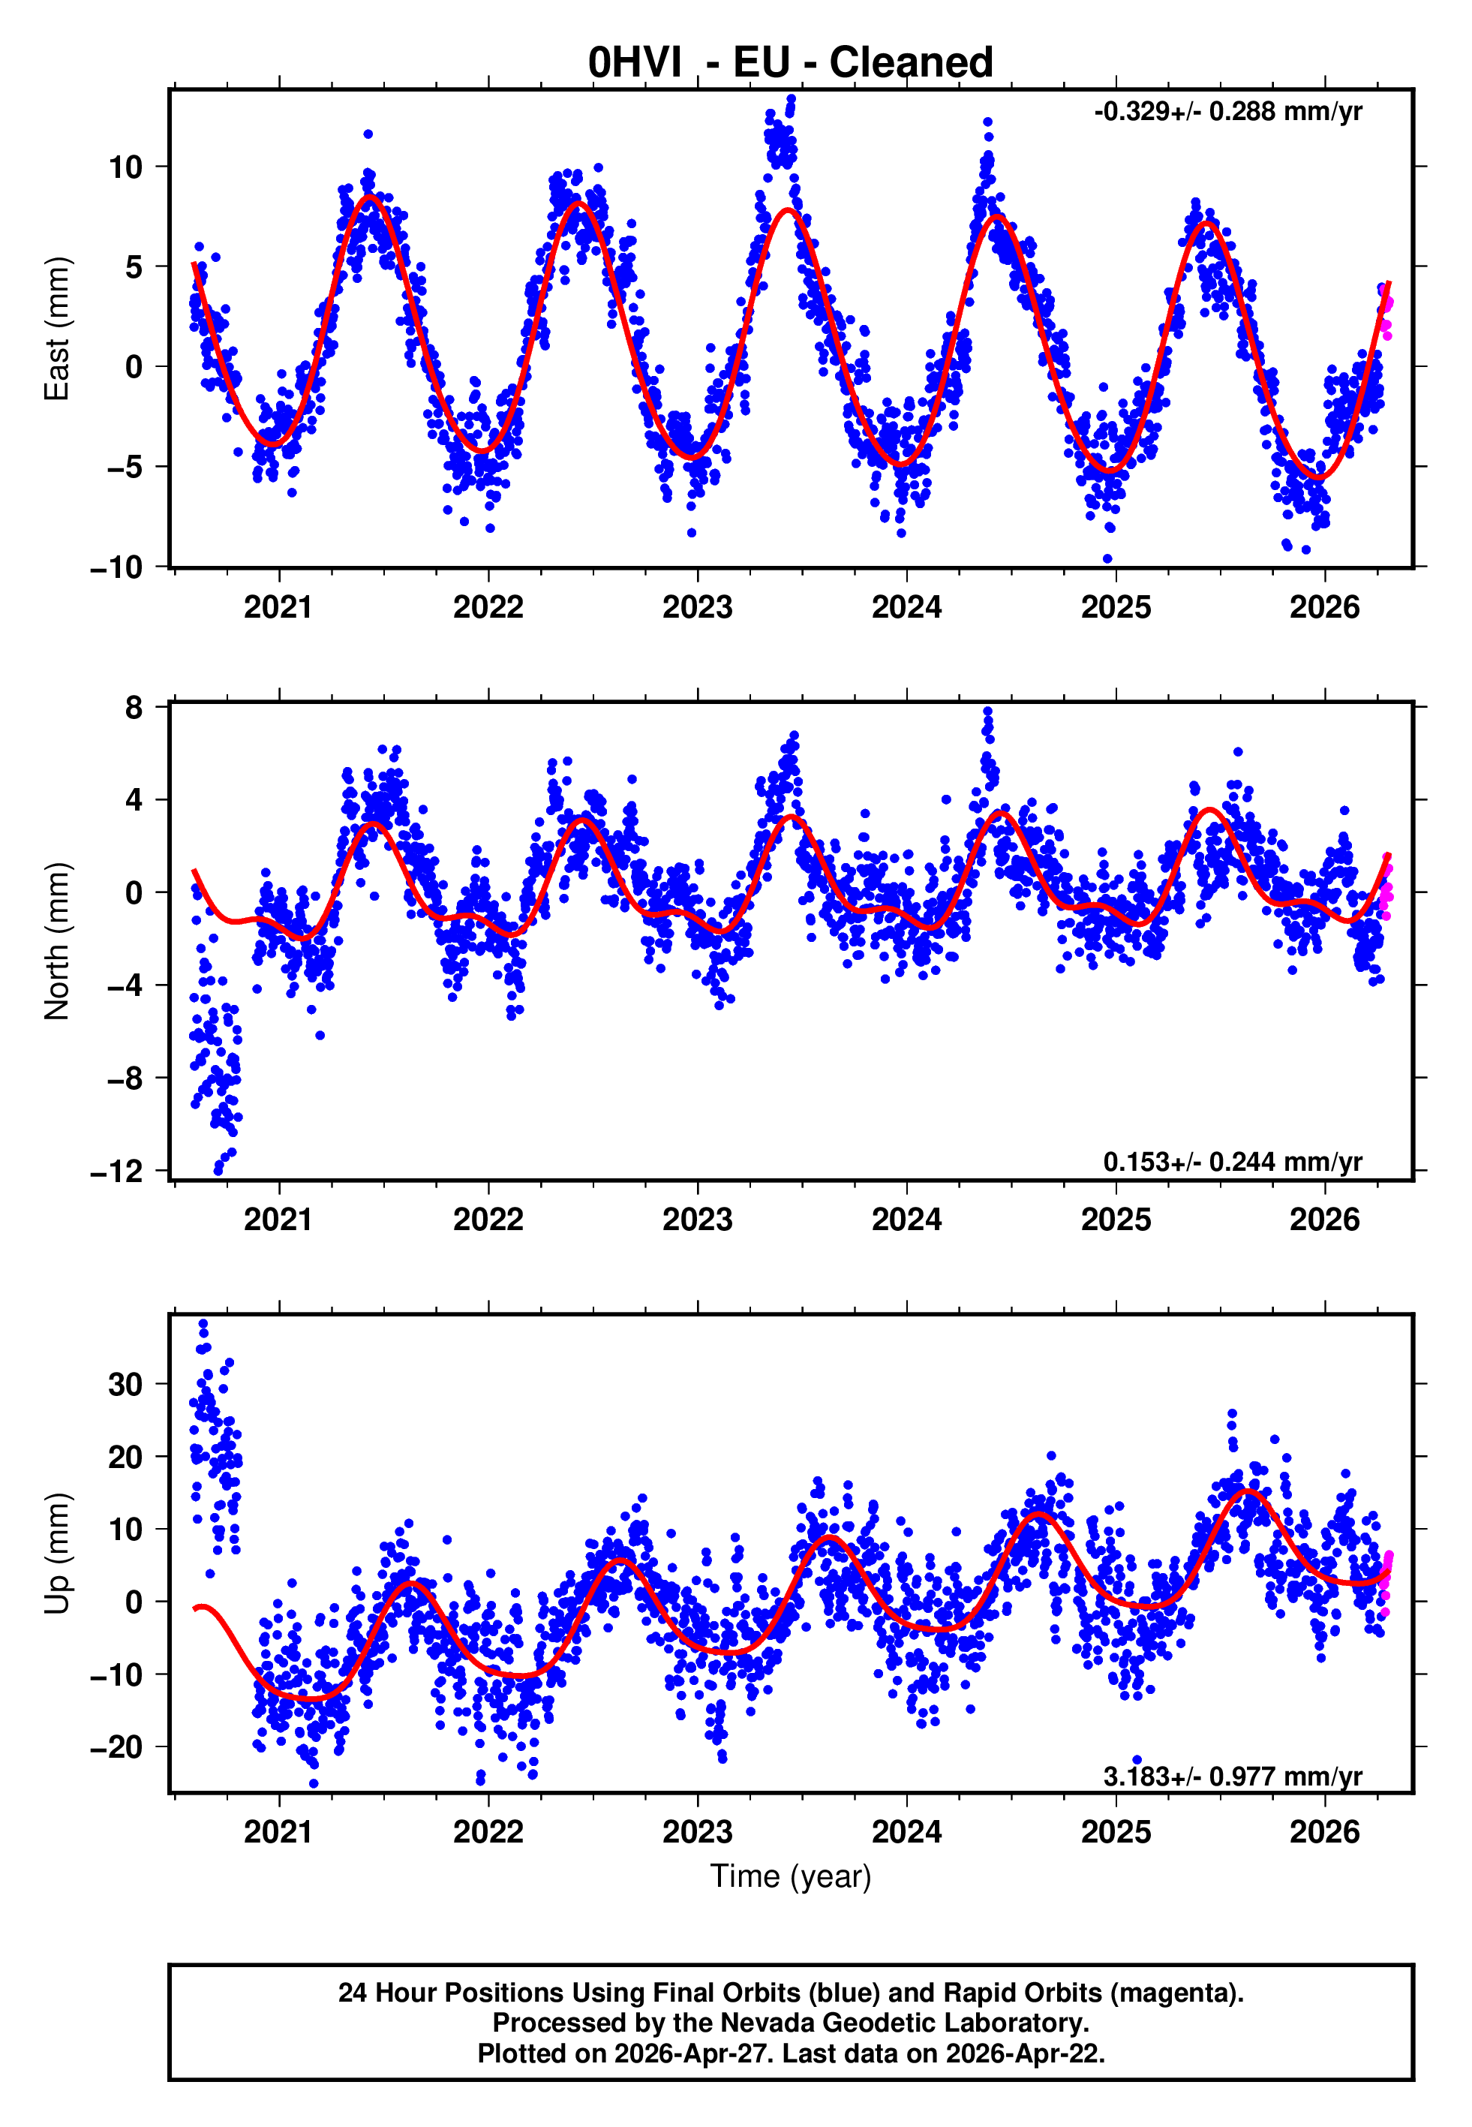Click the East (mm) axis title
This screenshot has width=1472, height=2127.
pos(57,329)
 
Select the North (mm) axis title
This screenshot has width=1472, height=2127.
pos(57,941)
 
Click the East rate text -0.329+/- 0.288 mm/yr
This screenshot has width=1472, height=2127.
pos(1227,112)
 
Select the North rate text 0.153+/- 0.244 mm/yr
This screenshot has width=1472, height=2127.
pos(1232,1161)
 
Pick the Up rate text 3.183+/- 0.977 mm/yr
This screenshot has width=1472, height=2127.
pos(1232,1776)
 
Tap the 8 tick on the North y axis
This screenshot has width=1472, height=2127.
pos(134,708)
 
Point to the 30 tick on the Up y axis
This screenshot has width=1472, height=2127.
pos(125,1383)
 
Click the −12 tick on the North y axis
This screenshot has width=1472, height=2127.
pos(116,1172)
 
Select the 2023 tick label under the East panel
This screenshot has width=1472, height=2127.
pos(697,607)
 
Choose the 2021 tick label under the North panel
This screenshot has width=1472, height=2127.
pos(278,1220)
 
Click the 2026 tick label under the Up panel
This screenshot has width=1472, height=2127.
pos(1324,1832)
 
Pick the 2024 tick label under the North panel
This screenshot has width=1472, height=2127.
pos(906,1220)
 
